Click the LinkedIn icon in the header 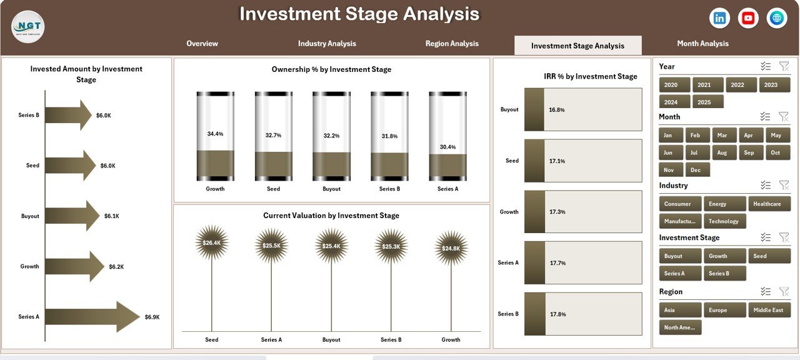719,18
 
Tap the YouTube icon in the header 748,18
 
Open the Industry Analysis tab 327,44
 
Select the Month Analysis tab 702,44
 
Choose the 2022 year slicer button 737,85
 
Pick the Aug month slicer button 722,153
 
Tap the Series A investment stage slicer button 674,274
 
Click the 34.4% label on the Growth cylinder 215,134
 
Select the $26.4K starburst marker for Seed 212,243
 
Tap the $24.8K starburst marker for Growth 451,248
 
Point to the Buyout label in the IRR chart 509,110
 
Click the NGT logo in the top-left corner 27,27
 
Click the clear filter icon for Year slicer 784,67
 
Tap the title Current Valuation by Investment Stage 331,216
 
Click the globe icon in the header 777,18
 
